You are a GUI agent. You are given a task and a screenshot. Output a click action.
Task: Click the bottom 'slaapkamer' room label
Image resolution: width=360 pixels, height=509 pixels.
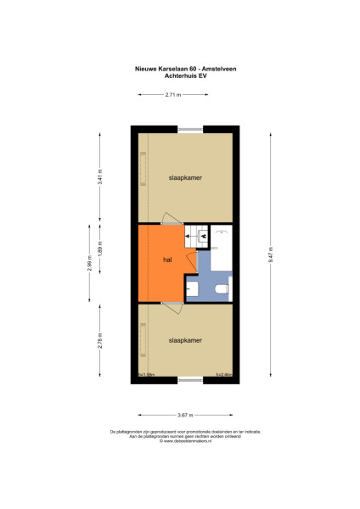pyautogui.click(x=185, y=339)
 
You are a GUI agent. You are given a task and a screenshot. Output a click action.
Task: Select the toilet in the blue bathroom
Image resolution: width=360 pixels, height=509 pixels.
pyautogui.click(x=222, y=291)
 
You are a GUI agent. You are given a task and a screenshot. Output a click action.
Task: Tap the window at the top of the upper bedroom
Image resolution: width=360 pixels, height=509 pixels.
pyautogui.click(x=190, y=128)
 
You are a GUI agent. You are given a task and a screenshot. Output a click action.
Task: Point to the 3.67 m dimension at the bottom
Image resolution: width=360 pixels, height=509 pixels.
pyautogui.click(x=185, y=414)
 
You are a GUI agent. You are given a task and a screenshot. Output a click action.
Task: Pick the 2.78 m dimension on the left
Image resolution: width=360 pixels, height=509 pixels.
pyautogui.click(x=99, y=341)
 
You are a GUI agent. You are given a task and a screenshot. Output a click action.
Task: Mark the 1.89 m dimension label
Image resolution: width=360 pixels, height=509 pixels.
pyautogui.click(x=99, y=252)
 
